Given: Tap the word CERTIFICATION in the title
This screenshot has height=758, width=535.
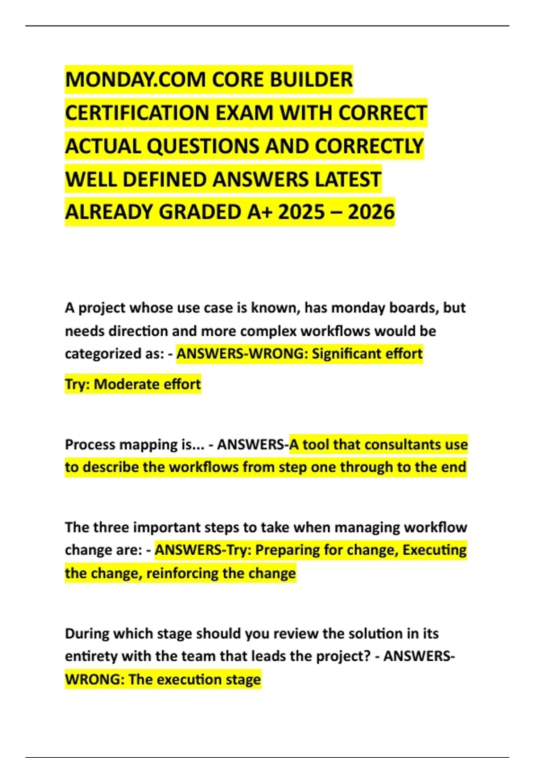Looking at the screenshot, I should click(x=138, y=113).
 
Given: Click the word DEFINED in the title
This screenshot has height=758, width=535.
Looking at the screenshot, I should click(x=165, y=179).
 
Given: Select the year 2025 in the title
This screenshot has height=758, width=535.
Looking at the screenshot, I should click(x=301, y=212).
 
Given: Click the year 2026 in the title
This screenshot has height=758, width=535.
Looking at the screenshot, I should click(x=371, y=212).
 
